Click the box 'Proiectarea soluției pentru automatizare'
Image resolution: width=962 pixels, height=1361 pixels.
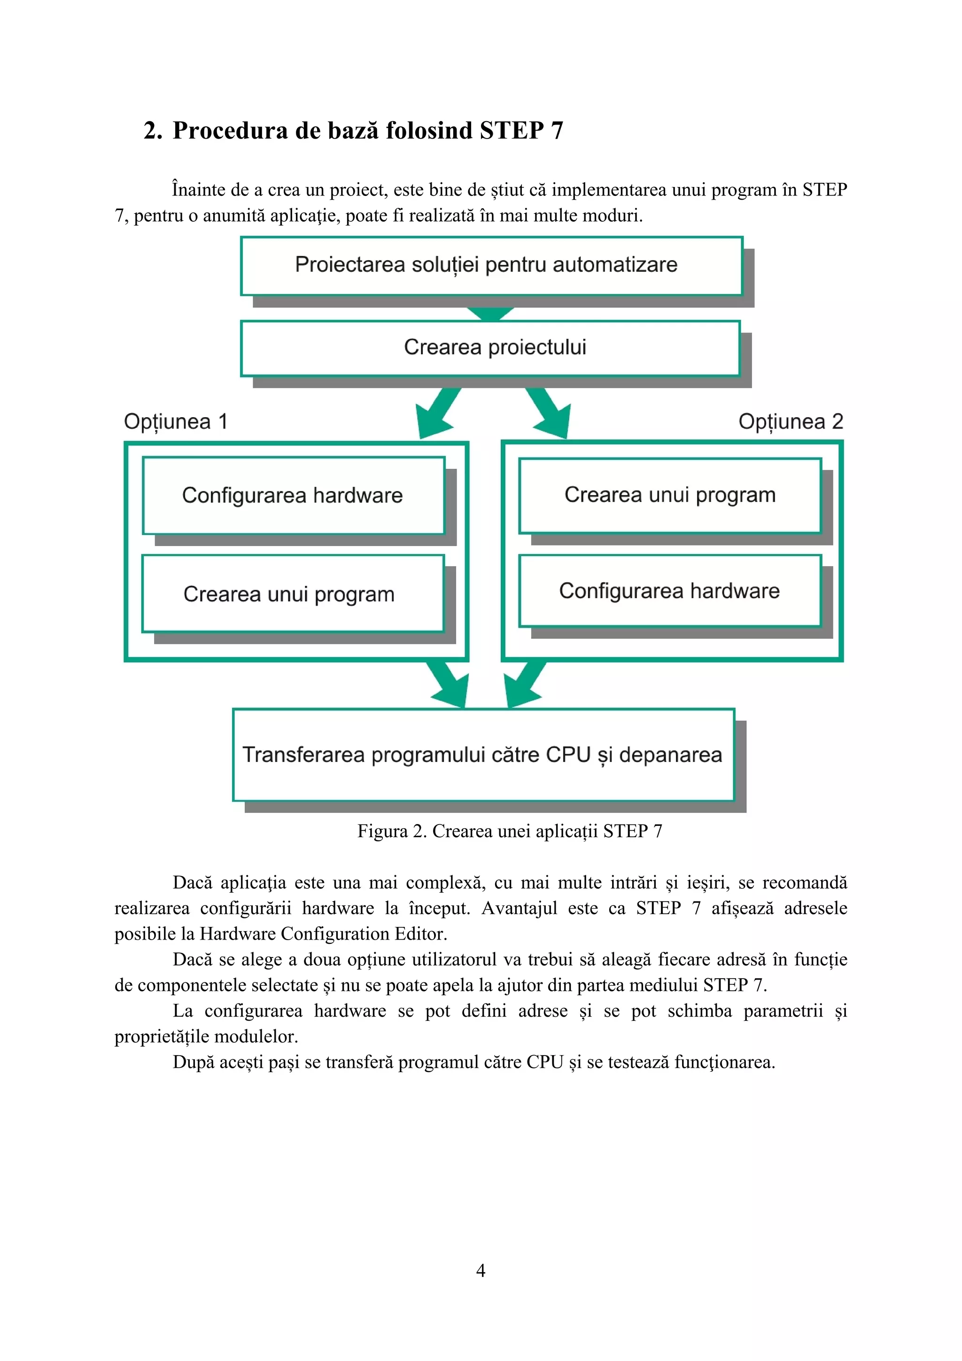point(491,265)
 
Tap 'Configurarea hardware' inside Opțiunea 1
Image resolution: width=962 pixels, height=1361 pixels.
point(293,496)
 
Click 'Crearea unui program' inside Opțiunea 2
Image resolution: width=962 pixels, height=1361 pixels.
point(670,495)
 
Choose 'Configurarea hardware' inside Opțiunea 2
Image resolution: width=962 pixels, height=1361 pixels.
point(670,591)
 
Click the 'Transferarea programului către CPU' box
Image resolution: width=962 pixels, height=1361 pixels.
point(482,754)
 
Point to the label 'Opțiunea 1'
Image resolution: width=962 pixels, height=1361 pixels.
point(176,421)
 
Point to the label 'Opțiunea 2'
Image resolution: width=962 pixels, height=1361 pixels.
point(790,421)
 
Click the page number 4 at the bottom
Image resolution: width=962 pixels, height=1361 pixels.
point(481,1270)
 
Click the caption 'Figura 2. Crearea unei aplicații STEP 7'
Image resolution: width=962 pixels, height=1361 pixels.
point(509,831)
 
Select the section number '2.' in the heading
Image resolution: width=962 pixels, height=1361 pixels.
point(153,131)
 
